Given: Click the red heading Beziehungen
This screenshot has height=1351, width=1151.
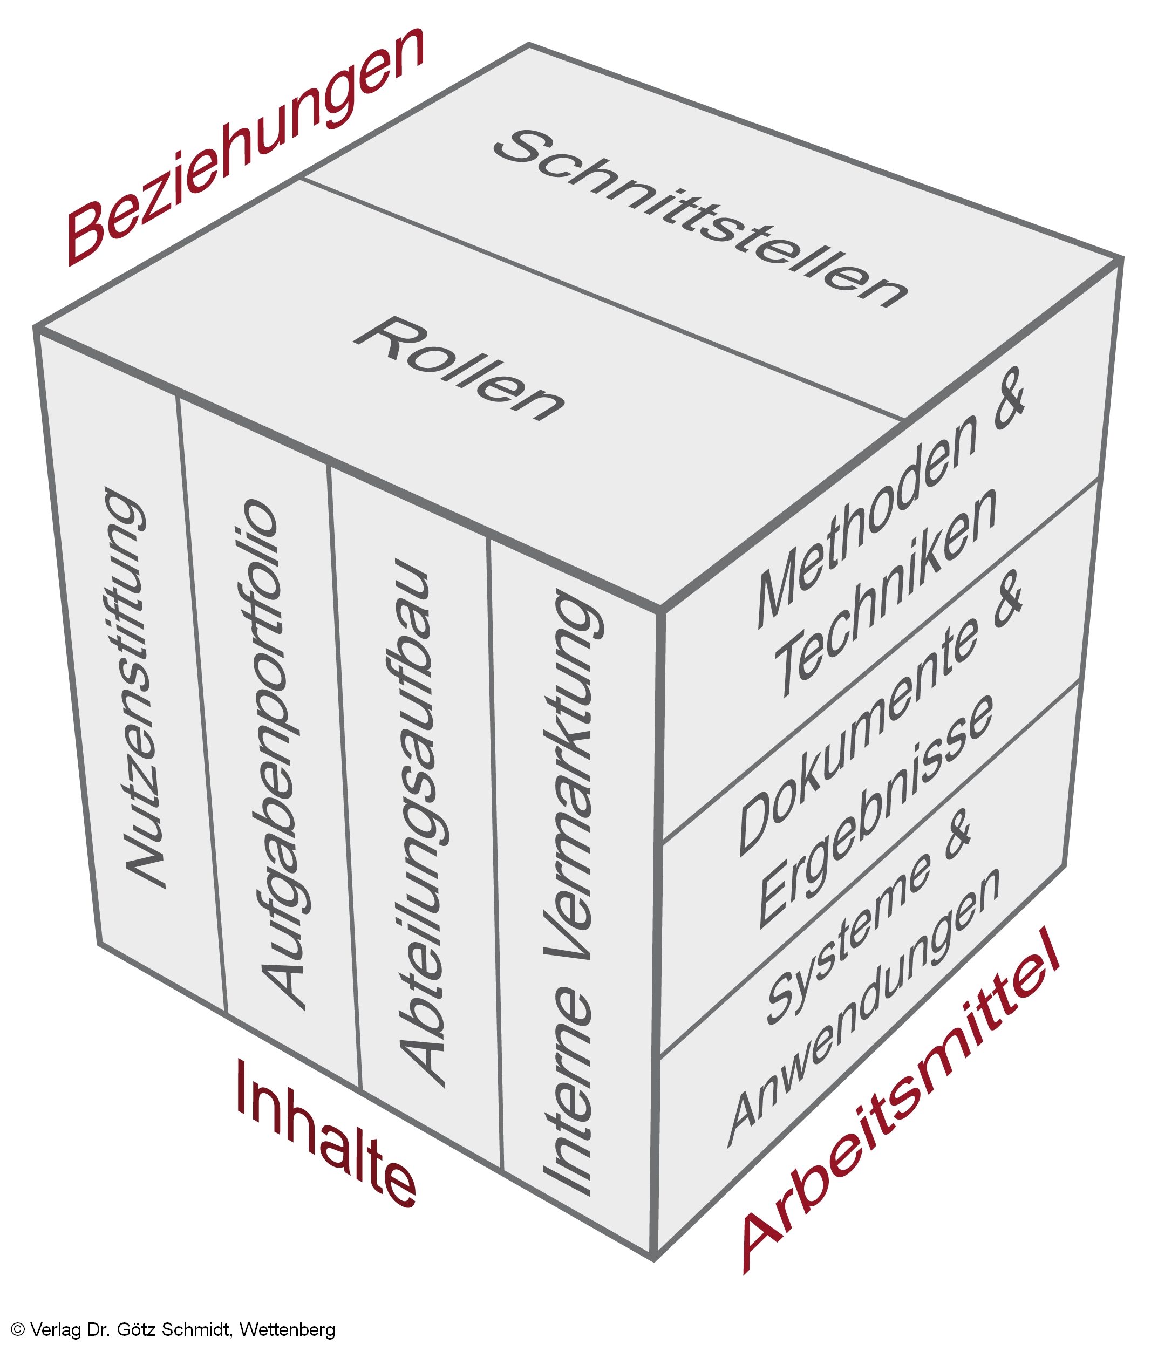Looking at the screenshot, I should click(244, 147).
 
